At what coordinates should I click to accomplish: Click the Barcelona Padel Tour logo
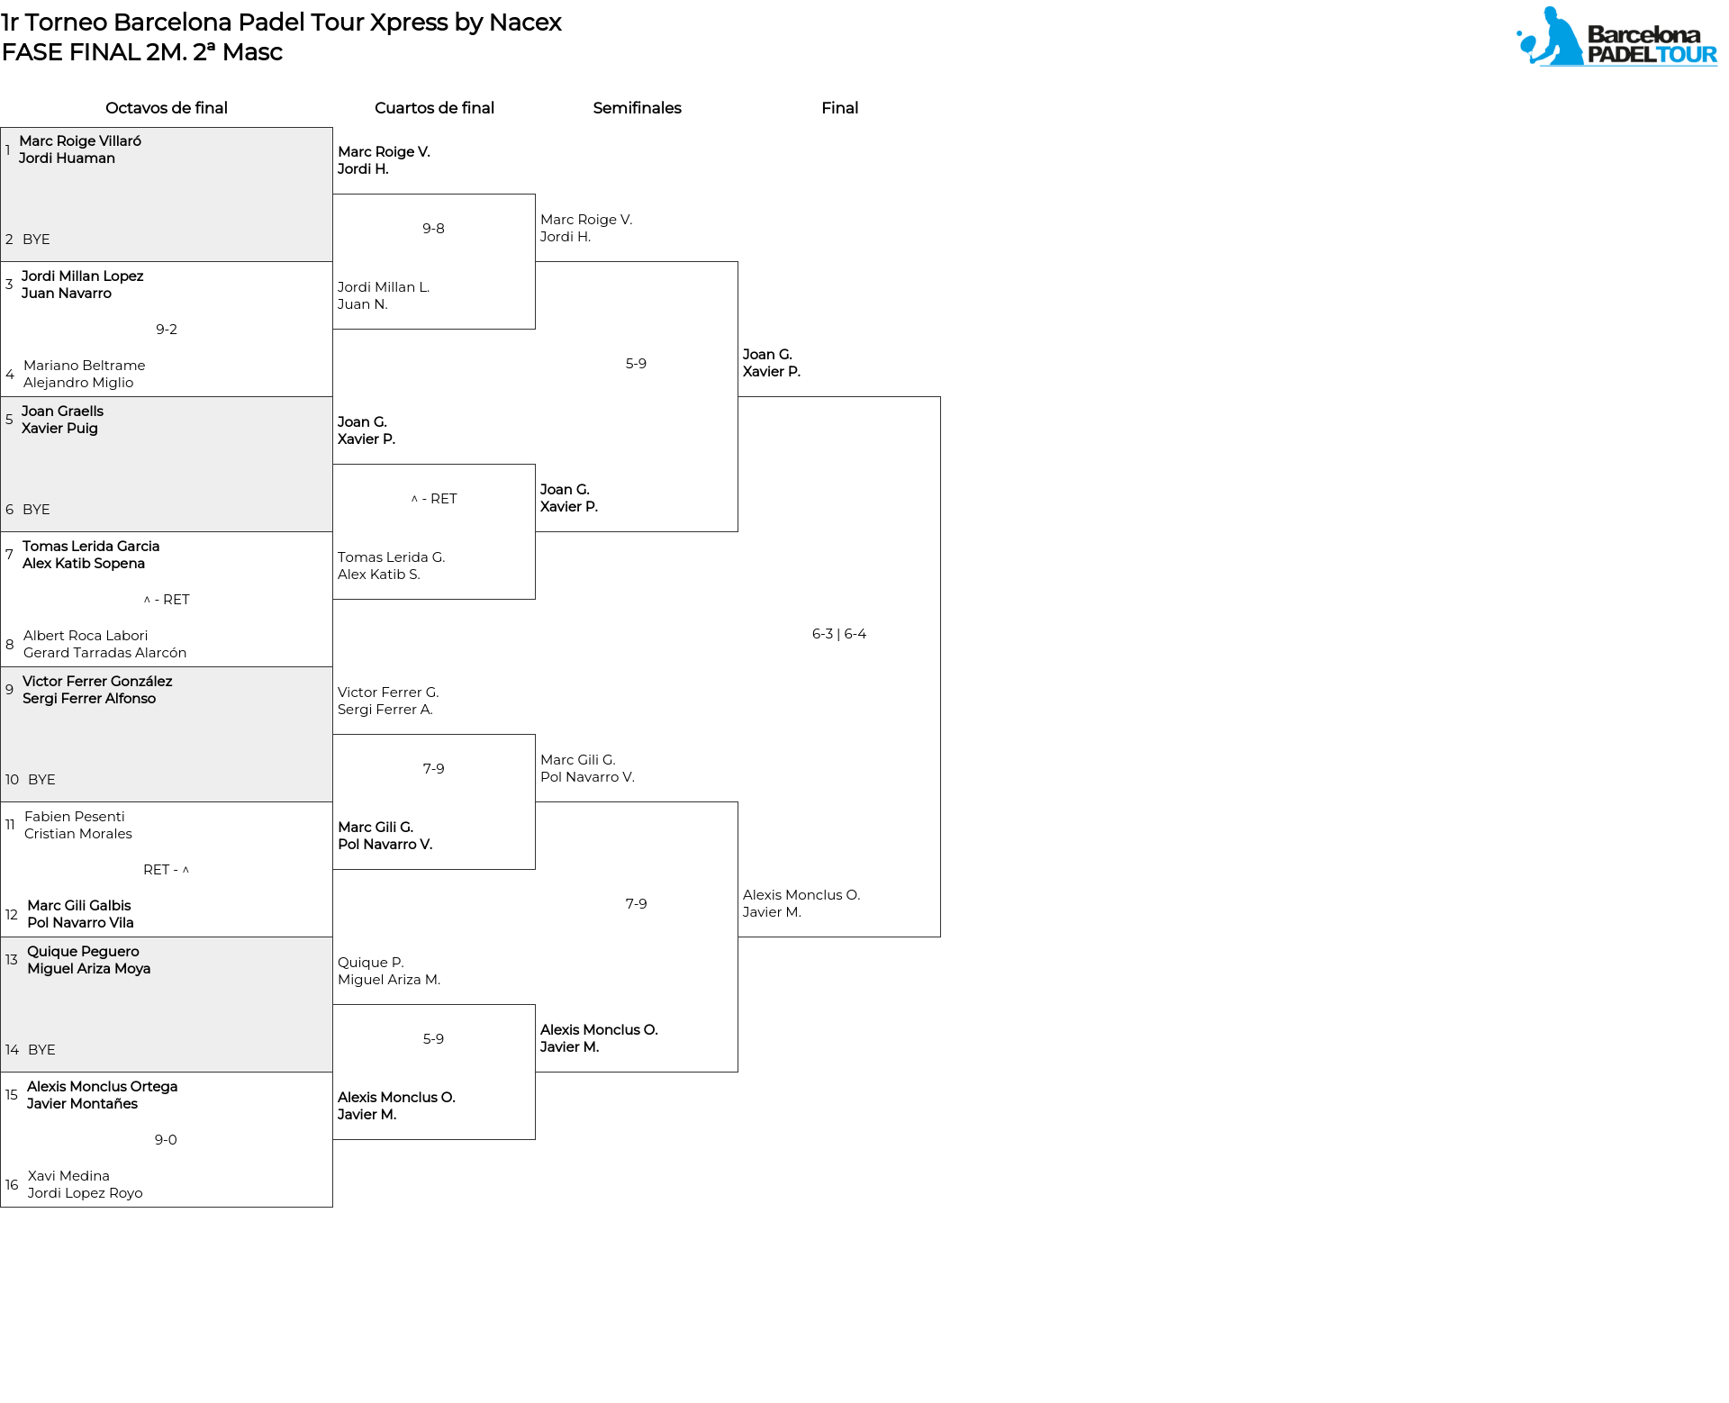point(1616,37)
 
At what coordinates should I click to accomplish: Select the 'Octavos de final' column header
point(167,108)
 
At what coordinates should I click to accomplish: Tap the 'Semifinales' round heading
point(637,108)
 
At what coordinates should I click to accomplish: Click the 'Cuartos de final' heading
point(434,108)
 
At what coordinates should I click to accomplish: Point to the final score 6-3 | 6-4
point(839,634)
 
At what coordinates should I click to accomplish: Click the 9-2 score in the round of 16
point(167,330)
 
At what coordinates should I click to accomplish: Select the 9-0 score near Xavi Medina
point(166,1140)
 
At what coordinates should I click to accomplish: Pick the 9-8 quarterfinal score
point(433,229)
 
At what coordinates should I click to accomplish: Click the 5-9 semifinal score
point(636,364)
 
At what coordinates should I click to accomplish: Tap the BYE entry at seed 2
point(36,240)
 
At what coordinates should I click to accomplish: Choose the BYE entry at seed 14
point(41,1050)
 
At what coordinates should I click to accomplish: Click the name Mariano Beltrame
point(85,366)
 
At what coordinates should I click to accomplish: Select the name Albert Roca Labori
point(86,636)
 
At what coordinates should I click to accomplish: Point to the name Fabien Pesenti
point(75,817)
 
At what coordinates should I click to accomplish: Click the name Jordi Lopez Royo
point(85,1193)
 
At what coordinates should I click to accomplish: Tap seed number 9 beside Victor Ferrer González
point(9,690)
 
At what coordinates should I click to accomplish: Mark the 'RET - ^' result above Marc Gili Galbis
point(167,870)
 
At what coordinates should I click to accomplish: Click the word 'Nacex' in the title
point(525,23)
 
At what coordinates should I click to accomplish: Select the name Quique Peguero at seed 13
point(83,952)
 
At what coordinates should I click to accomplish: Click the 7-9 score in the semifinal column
point(636,904)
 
